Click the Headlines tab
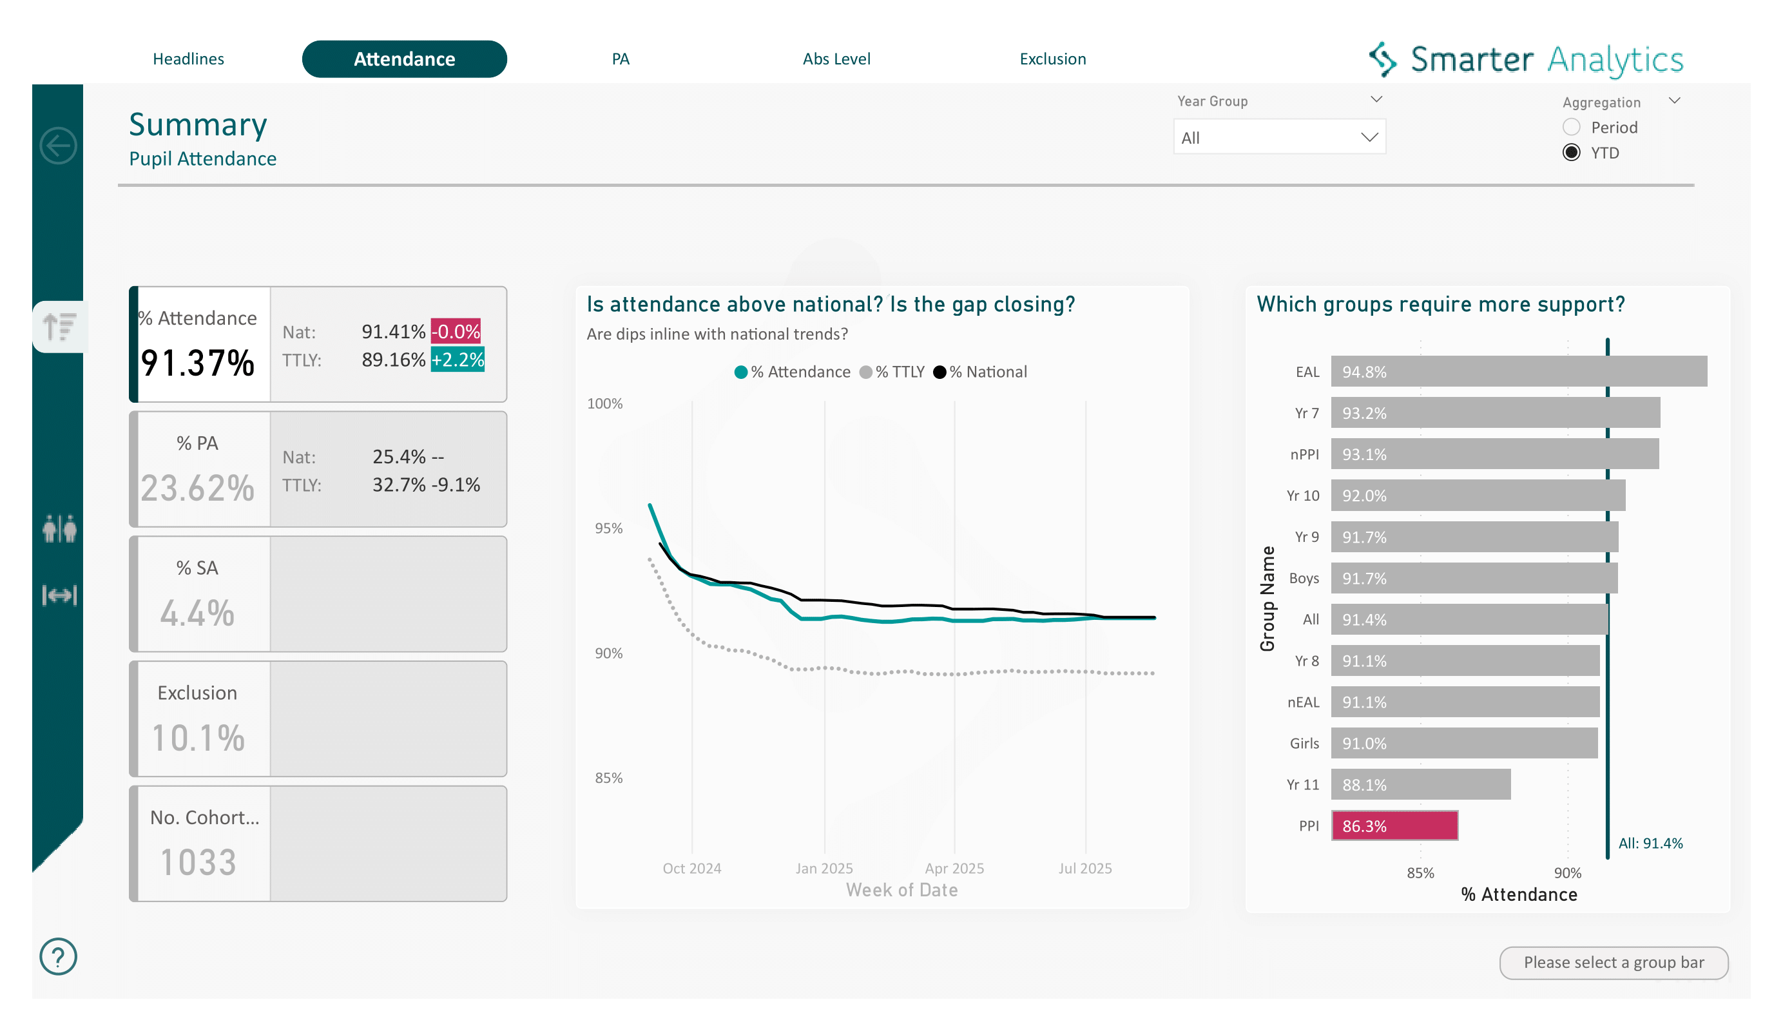click(188, 59)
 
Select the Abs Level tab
click(836, 59)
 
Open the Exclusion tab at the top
click(1052, 59)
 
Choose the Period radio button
click(1571, 128)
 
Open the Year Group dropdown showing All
click(1278, 137)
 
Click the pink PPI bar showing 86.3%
click(1394, 826)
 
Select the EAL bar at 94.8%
click(1518, 372)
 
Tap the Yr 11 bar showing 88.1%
click(1420, 784)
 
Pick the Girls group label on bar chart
click(1304, 743)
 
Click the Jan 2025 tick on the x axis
click(824, 867)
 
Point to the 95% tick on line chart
click(608, 528)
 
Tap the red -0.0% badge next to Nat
click(456, 331)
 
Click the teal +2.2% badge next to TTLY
click(457, 360)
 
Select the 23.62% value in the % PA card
click(197, 488)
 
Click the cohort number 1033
click(198, 862)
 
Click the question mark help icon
click(58, 957)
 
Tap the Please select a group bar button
click(1613, 962)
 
